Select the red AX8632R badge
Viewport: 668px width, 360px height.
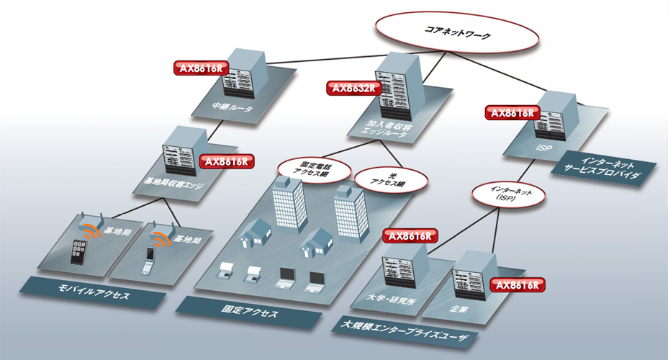(353, 88)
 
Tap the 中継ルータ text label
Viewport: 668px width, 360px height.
(233, 107)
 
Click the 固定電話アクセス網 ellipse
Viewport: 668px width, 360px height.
(314, 169)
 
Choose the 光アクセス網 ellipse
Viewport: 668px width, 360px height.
(391, 179)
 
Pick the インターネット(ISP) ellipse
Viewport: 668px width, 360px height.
(508, 195)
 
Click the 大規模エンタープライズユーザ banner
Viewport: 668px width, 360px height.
(404, 332)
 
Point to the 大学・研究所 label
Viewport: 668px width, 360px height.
(391, 299)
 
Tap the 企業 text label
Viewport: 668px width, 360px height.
(459, 308)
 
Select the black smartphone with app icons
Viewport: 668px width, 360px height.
(78, 252)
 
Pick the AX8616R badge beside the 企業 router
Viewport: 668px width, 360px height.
(517, 285)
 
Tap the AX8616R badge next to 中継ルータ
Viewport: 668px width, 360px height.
(201, 68)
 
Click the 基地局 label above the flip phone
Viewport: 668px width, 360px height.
(186, 238)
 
